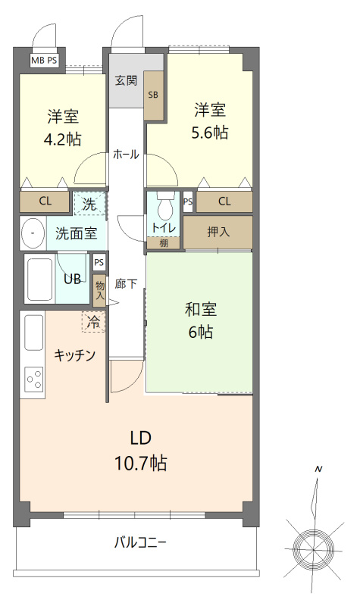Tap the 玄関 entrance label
point(126,81)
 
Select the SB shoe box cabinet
point(154,95)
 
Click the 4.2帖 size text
point(64,139)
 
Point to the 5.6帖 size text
point(210,132)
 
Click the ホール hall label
point(126,154)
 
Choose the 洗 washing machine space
point(89,203)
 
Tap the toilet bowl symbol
point(164,207)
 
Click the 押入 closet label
point(218,232)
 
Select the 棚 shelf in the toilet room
point(164,243)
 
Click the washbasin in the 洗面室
point(33,233)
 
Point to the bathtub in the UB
point(40,280)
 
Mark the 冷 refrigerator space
point(93,321)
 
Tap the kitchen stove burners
point(34,377)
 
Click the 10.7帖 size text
point(141,463)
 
